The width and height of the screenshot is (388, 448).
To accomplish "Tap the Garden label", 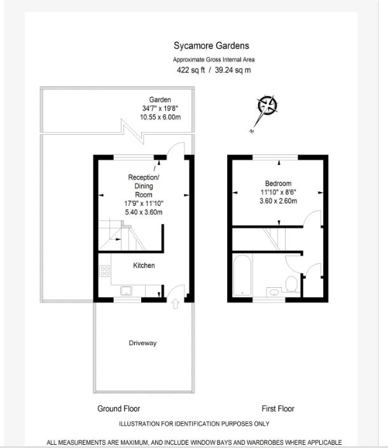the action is pos(160,100).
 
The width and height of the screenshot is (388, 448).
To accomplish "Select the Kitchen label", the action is pos(144,265).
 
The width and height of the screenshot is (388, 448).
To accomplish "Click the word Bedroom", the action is pos(278,184).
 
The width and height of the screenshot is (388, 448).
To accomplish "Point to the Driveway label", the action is pos(142,343).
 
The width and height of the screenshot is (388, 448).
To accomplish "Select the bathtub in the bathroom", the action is pos(242,275).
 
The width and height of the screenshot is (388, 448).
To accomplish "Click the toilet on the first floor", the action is pos(292,283).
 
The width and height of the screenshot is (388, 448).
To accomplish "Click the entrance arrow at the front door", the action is pos(176,304).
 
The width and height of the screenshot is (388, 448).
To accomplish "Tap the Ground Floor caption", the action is pos(118,409).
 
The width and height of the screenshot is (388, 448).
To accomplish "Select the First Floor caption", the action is pos(278,409).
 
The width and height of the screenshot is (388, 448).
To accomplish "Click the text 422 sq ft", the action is pos(191,70).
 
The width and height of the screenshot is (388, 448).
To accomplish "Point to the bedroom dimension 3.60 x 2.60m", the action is pos(278,201).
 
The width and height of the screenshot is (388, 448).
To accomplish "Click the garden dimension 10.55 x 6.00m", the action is pos(160,118).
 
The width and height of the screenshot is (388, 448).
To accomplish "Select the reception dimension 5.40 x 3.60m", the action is pos(144,212).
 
